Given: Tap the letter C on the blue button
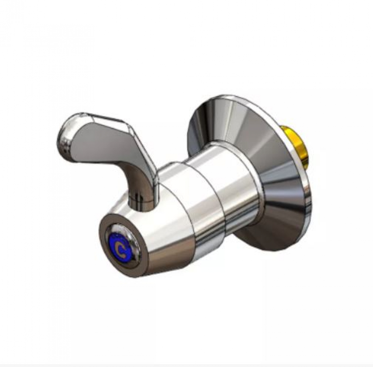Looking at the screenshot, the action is pos(121,249).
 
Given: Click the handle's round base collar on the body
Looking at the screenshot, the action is pos(140,204).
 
